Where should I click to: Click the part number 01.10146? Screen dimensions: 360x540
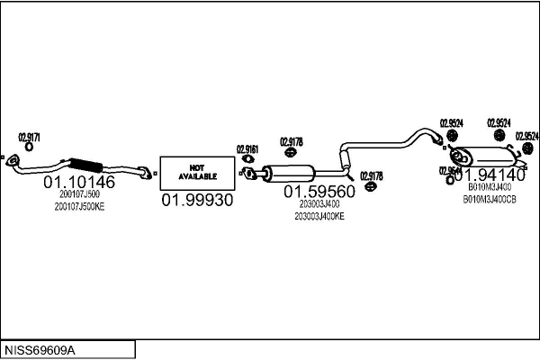79,183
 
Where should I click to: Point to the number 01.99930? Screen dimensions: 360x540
196,200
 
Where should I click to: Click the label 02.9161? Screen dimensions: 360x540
247,149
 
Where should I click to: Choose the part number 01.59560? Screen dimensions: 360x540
319,191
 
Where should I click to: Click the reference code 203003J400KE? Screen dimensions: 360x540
319,216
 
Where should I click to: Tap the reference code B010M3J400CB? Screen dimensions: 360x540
489,198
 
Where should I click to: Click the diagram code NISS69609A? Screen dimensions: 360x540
41,348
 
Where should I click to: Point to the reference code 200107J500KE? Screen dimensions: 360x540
79,207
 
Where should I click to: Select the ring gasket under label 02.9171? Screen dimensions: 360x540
29,147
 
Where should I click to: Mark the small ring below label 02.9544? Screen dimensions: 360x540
449,179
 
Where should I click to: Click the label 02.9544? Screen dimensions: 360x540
450,169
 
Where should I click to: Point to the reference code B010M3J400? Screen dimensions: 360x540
489,187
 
